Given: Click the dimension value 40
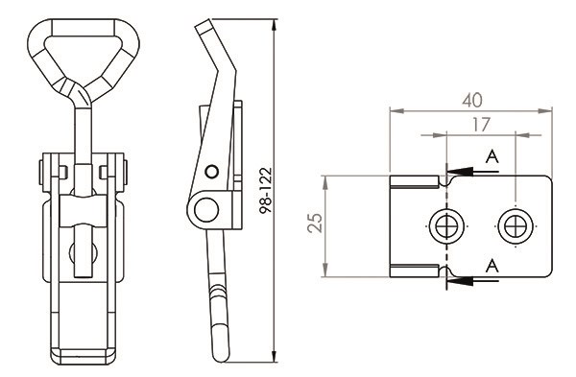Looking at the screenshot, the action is pos(472,100).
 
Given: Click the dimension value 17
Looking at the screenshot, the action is pos(481,125).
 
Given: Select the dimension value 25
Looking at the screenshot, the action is pos(315,223).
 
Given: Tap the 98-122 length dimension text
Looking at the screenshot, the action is pos(266,190).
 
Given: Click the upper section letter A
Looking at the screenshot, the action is pos(492,156).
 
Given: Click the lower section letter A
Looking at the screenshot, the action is pos(492,266).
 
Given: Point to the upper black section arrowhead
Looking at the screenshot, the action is pos(459,172).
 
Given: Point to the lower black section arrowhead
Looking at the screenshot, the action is pos(459,281).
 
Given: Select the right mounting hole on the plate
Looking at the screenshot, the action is pos(516,225).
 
